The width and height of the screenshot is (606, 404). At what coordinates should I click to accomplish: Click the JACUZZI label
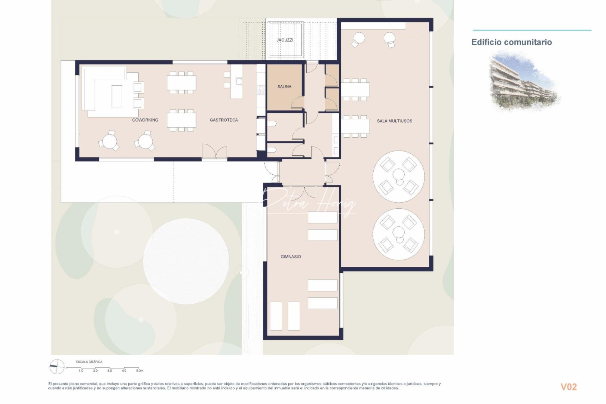(285, 40)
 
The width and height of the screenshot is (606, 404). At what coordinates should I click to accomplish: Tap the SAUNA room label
(284, 87)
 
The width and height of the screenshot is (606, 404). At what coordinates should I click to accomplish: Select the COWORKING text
(145, 120)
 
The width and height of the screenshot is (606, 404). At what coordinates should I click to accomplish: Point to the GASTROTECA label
(224, 120)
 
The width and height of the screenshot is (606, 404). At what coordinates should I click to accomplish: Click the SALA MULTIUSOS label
(394, 121)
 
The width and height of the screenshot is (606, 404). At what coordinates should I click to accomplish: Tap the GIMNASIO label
(291, 257)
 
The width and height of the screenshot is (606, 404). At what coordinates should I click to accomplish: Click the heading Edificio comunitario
(511, 42)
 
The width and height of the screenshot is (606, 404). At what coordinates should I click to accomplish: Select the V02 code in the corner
(568, 387)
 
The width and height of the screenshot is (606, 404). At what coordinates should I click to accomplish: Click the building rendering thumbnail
(524, 82)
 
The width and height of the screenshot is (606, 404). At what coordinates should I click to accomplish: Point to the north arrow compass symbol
(57, 367)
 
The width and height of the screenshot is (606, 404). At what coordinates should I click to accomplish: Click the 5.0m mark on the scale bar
(139, 371)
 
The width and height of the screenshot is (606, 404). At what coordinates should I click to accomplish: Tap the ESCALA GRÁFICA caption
(89, 362)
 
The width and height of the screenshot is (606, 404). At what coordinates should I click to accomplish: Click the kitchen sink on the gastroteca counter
(239, 81)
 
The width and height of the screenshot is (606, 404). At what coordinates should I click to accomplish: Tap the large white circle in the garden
(186, 261)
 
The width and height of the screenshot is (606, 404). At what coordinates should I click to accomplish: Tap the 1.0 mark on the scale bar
(81, 371)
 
